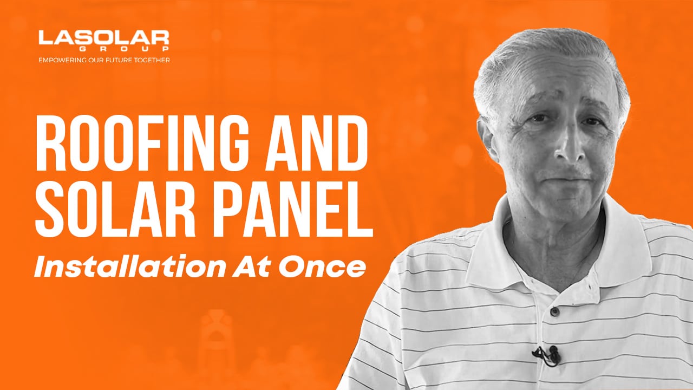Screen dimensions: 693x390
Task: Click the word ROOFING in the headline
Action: [142, 144]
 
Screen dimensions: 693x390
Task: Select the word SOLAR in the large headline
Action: [115, 209]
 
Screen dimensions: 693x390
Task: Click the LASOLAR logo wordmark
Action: [103, 38]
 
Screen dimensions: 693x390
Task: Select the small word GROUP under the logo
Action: [124, 49]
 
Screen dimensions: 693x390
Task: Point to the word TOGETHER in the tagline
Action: [152, 60]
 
